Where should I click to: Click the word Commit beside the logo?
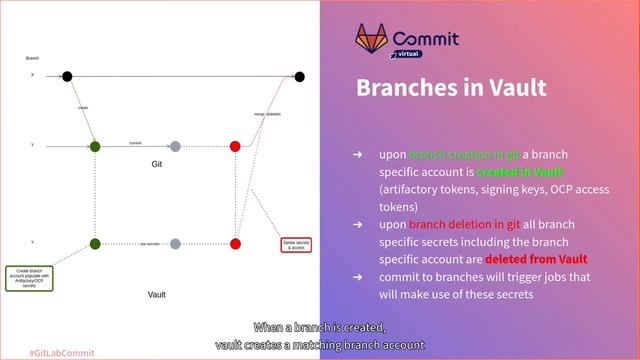(426, 39)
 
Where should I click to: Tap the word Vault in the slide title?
(510, 88)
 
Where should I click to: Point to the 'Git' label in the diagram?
(157, 163)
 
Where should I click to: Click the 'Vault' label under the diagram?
(157, 295)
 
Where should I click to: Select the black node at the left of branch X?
(67, 76)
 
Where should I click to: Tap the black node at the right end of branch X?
(299, 76)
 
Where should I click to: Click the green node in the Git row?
(95, 146)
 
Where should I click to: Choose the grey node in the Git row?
(175, 146)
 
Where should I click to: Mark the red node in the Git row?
(235, 146)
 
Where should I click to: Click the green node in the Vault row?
(95, 243)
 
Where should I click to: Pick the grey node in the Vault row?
(175, 243)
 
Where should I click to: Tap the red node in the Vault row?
(235, 243)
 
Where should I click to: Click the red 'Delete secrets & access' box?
(296, 244)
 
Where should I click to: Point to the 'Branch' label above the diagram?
(32, 59)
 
